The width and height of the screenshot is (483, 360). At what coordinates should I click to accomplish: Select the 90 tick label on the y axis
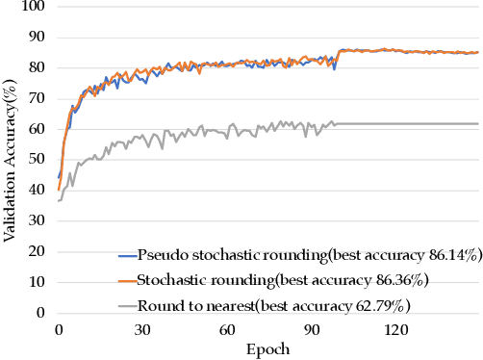[x=38, y=39]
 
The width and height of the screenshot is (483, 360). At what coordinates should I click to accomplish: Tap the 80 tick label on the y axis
[x=38, y=68]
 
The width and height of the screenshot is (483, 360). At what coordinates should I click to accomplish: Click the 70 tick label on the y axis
[x=38, y=99]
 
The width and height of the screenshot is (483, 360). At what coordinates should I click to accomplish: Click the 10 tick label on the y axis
[x=38, y=282]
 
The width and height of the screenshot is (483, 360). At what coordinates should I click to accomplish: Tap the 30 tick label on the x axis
[x=142, y=329]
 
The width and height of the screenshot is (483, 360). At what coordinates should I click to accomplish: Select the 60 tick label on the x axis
[x=226, y=329]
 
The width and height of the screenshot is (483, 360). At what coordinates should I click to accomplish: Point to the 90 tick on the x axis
[x=311, y=329]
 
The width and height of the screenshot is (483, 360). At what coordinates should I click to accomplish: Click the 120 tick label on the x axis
[x=394, y=329]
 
